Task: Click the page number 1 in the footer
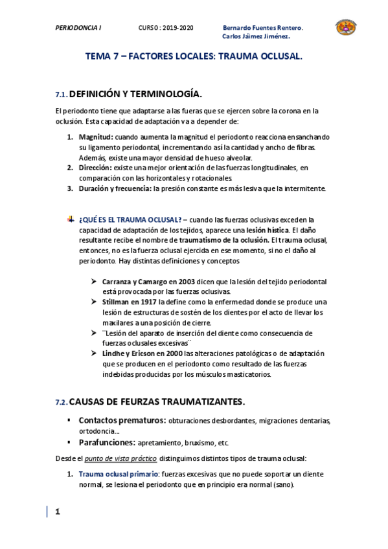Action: tap(57, 512)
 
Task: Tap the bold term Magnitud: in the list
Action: tap(96, 137)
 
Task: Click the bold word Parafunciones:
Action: tap(107, 443)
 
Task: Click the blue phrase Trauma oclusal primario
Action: tap(118, 475)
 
